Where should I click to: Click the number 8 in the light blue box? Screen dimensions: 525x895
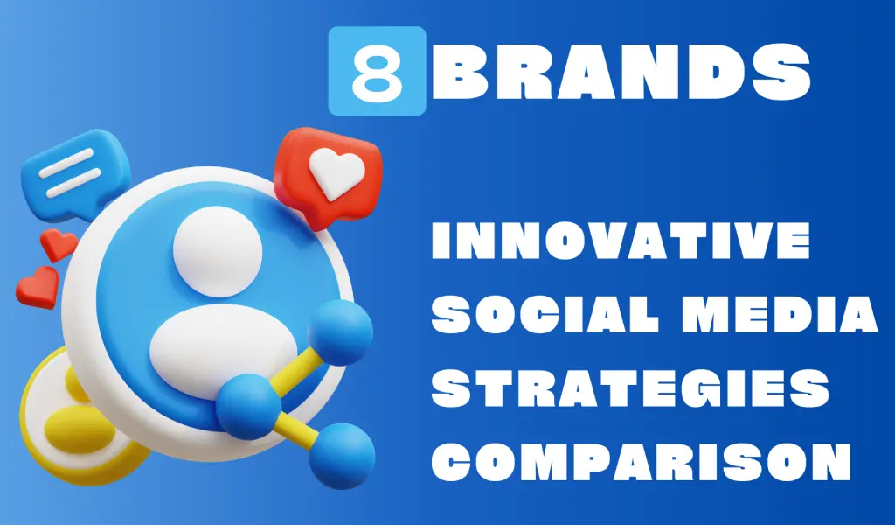coord(377,71)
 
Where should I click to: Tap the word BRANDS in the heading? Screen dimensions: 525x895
coord(623,71)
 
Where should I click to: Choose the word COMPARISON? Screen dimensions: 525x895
coord(642,461)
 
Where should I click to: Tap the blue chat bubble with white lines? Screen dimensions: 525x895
coord(75,171)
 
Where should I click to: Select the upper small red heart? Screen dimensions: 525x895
coord(58,244)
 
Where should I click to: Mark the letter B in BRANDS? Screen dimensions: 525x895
coord(459,71)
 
